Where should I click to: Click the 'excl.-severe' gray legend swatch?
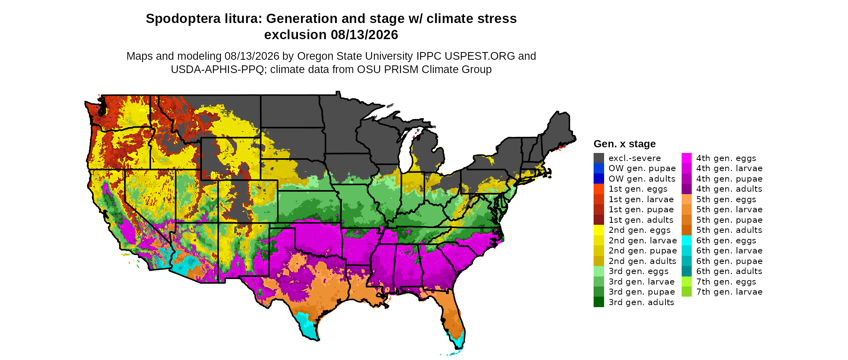tap(599, 158)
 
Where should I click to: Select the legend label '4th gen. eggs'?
tap(726, 158)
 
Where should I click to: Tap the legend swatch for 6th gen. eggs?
tap(686, 241)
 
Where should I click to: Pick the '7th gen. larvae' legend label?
tap(729, 292)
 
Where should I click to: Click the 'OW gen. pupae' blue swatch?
tap(599, 168)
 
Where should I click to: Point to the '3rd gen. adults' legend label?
tap(641, 302)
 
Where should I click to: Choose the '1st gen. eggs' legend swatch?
tap(599, 189)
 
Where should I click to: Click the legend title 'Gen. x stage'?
tap(625, 144)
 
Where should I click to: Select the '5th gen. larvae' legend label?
tap(729, 209)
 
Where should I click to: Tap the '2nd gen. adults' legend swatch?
tap(599, 261)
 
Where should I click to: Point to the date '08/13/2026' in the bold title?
tap(365, 35)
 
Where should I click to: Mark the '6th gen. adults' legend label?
tap(729, 271)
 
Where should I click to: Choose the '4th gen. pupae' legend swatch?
tap(686, 179)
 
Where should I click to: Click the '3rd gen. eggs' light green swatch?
tap(599, 271)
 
